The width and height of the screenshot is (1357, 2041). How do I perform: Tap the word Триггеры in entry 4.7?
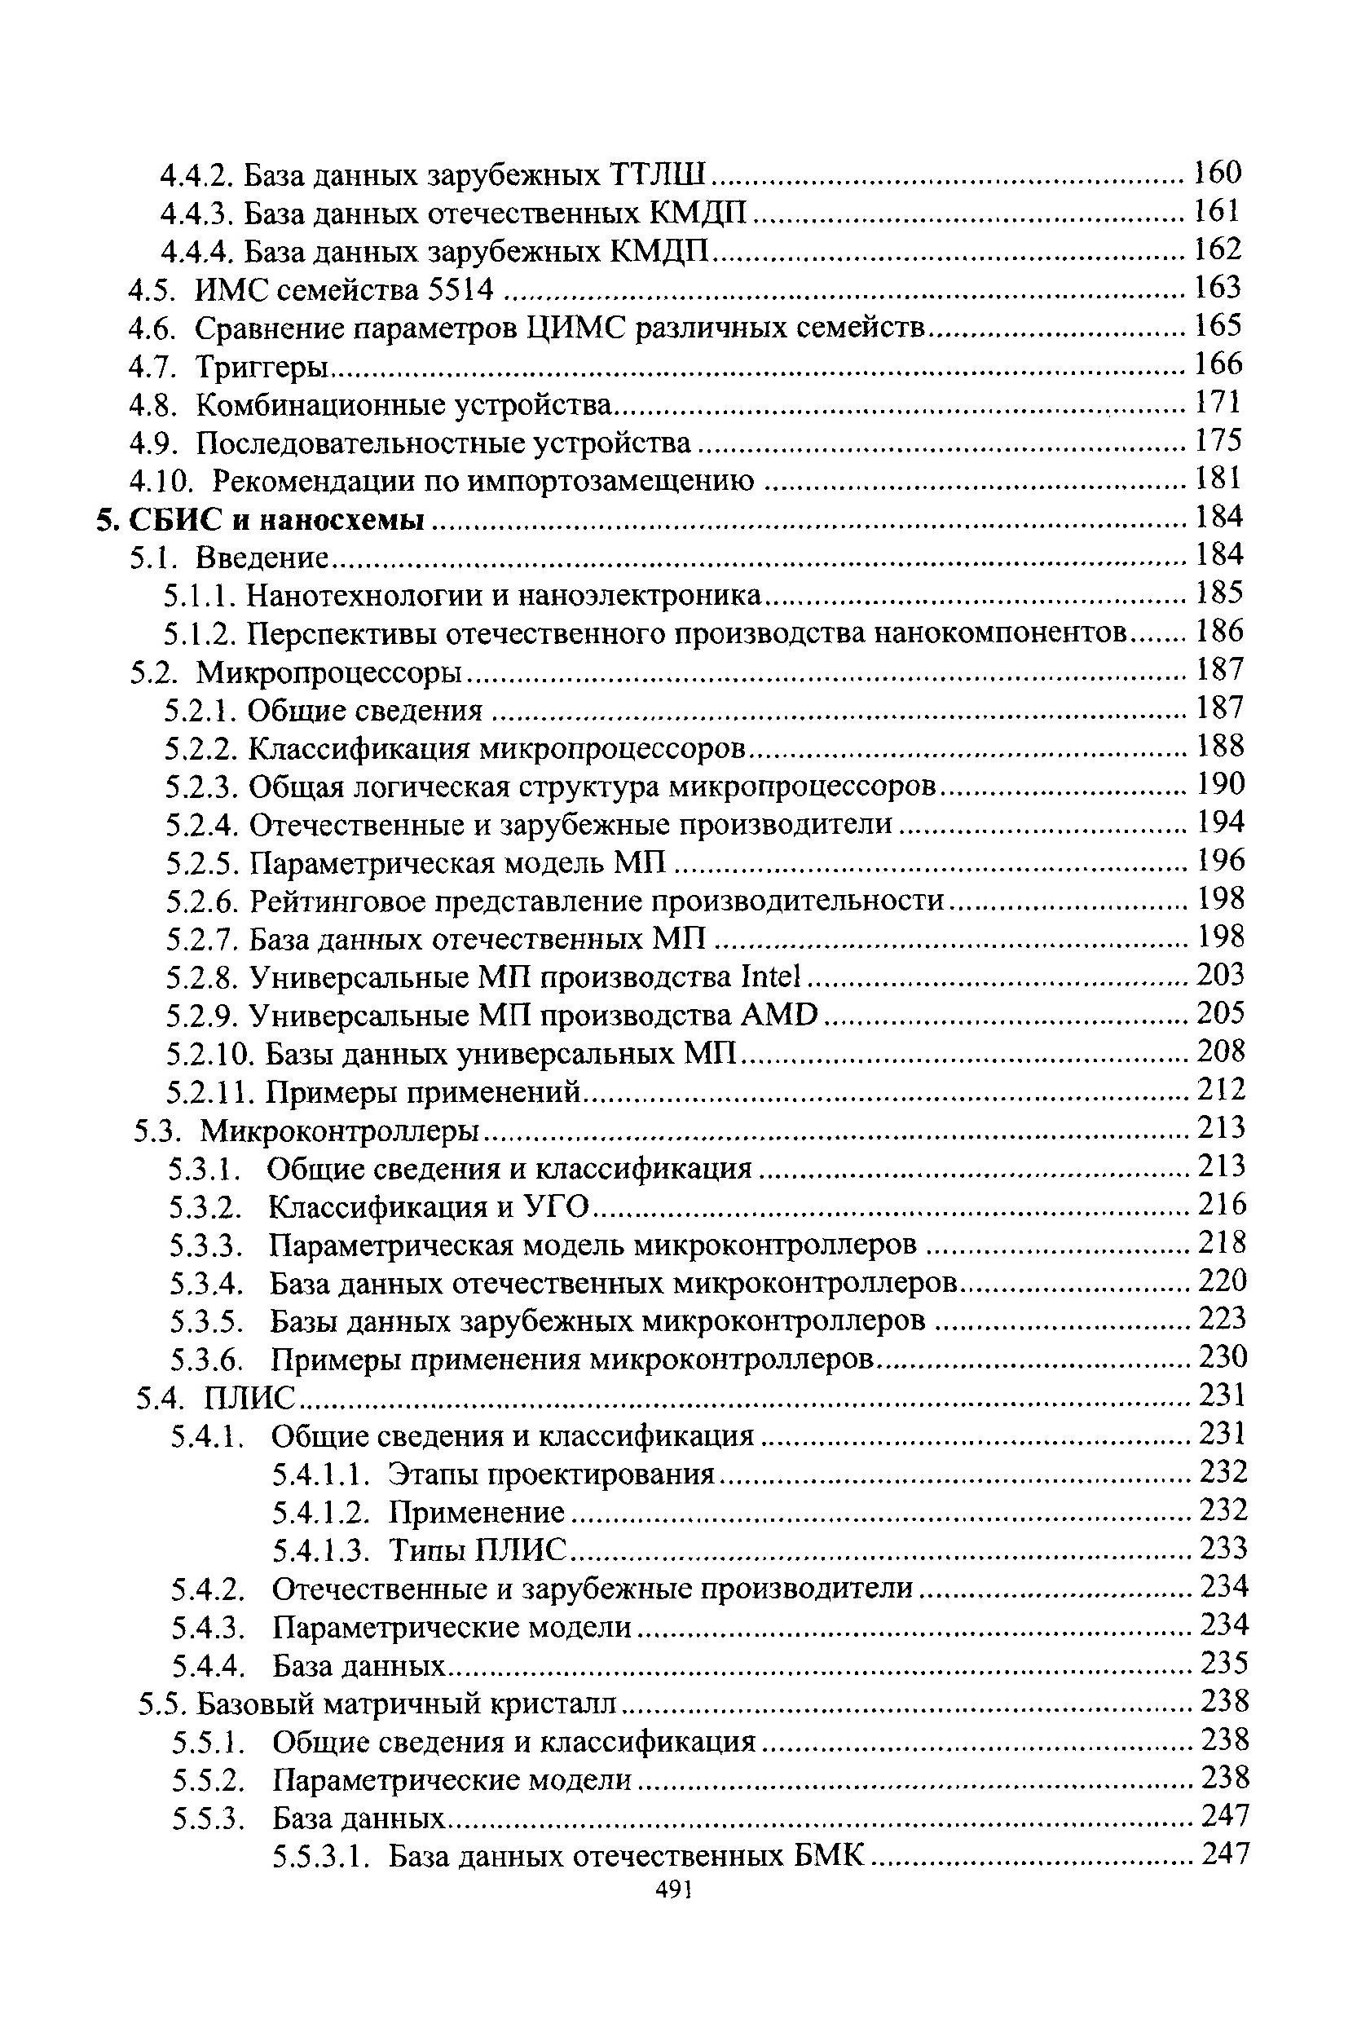coord(263,367)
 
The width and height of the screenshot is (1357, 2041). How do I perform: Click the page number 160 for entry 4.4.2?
coord(1218,172)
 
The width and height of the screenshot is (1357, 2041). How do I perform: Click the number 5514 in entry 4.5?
coord(460,289)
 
